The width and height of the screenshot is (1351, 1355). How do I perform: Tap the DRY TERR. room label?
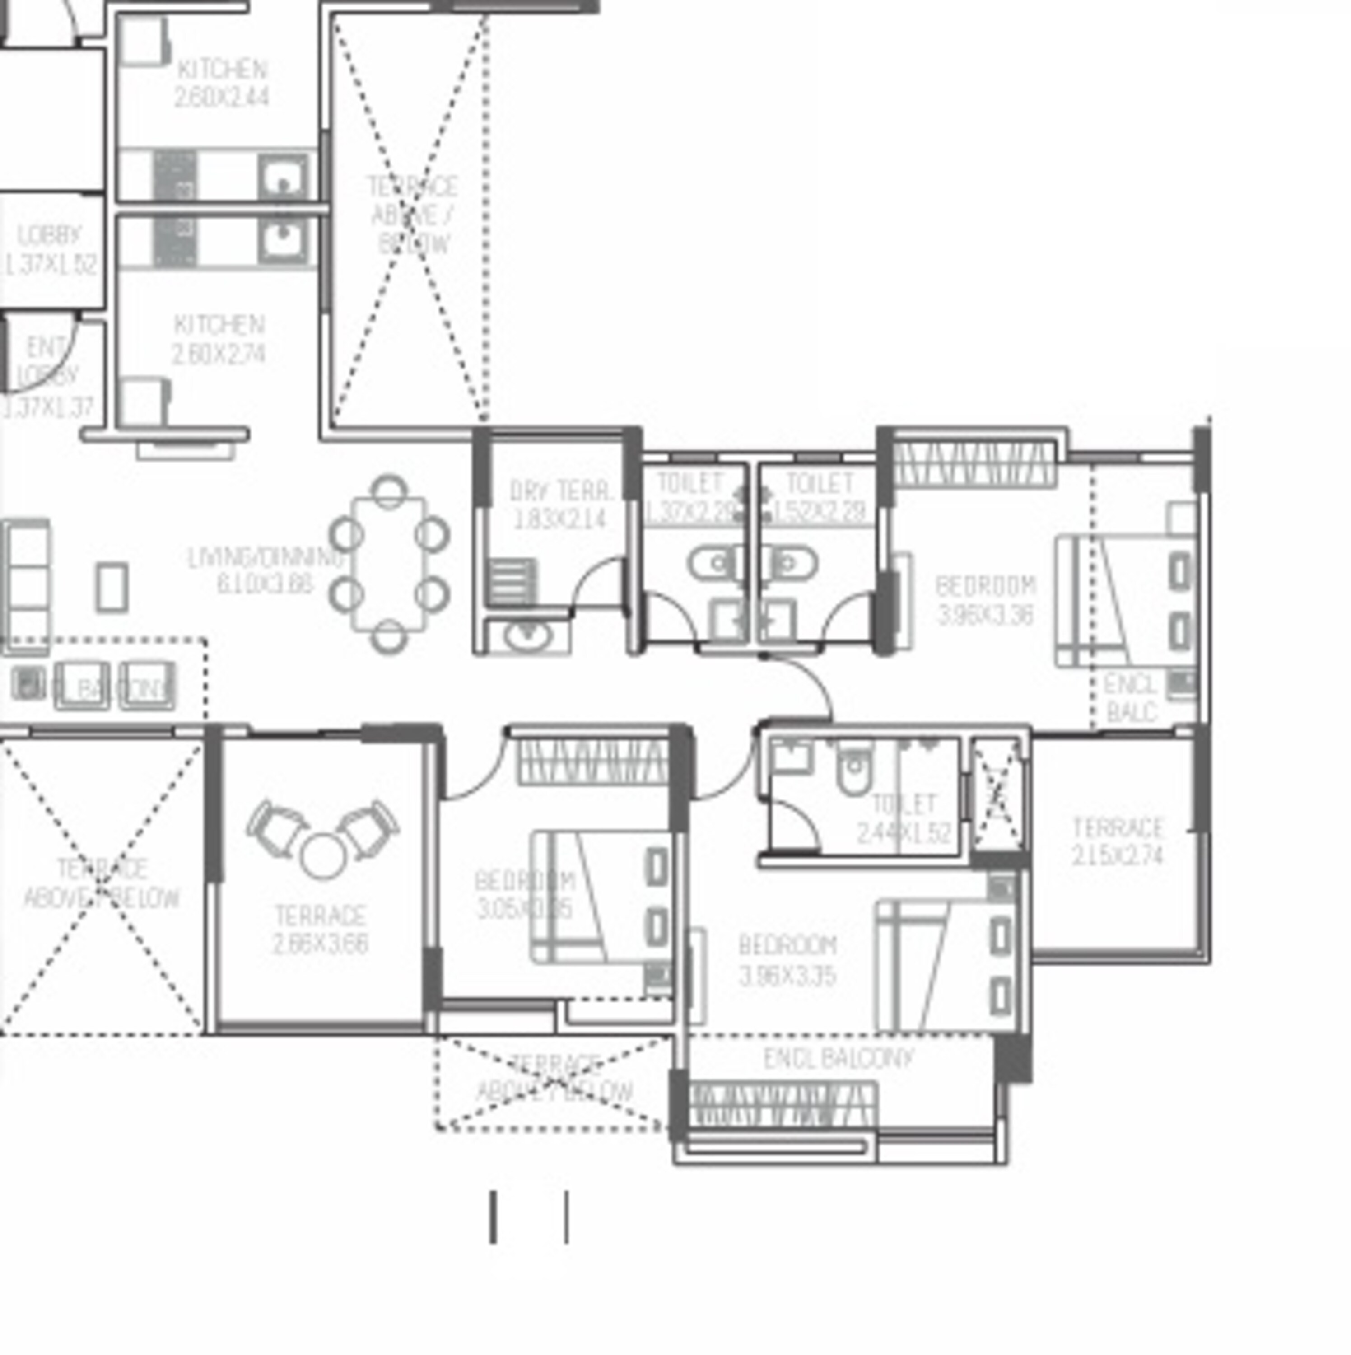coord(560,491)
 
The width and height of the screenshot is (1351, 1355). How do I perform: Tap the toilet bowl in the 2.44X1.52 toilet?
coord(853,771)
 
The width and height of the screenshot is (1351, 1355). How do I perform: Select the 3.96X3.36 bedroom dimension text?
coord(985,616)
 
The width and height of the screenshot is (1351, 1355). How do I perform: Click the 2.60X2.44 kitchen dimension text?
coord(221,97)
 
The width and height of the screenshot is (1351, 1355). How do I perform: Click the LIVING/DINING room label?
coord(265,558)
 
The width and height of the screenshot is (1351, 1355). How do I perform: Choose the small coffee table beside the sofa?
coord(112,586)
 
